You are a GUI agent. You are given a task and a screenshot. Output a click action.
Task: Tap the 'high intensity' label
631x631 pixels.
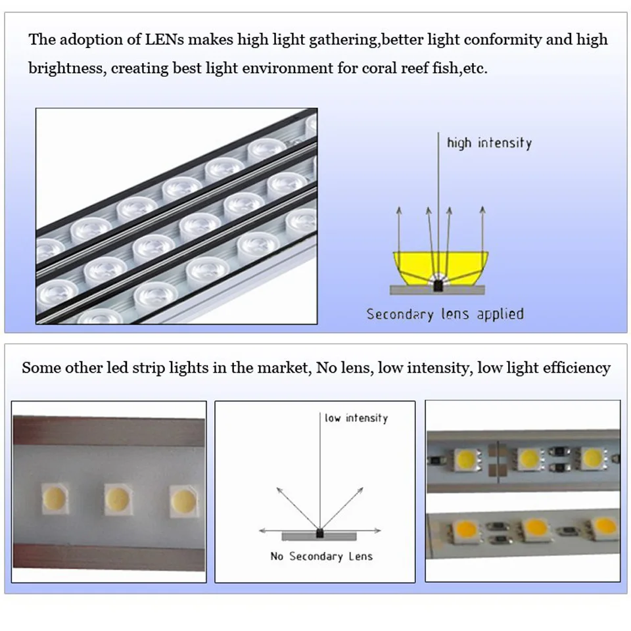click(x=489, y=143)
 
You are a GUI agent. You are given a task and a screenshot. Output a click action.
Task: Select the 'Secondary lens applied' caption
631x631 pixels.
click(x=445, y=314)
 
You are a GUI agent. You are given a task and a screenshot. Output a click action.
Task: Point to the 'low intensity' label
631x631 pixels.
click(x=356, y=418)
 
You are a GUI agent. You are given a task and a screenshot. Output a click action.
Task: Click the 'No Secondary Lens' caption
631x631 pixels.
click(x=321, y=556)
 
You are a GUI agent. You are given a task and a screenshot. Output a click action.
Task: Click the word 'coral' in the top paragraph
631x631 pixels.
click(x=380, y=68)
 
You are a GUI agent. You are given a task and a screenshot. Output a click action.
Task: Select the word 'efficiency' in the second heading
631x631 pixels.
click(x=576, y=368)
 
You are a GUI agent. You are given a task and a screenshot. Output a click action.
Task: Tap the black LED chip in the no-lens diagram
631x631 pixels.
click(x=320, y=530)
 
